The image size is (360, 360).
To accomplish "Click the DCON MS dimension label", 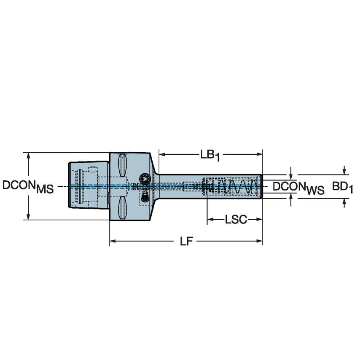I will pos(28,186).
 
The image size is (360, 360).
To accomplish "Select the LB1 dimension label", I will pos(210,155).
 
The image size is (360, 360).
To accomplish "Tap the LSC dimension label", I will pos(236,220).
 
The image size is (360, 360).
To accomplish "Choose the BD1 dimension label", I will pos(342,186).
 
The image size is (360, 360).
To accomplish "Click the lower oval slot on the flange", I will pos(122,207).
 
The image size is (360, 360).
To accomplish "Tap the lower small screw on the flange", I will pos(144,196).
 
